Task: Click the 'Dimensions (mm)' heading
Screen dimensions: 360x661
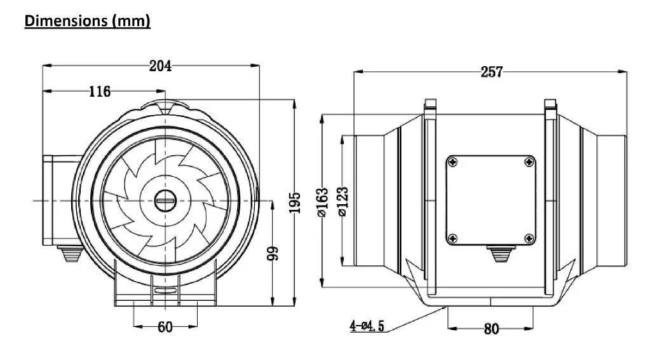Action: [x=87, y=21]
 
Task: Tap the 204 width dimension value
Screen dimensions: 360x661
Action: [x=160, y=66]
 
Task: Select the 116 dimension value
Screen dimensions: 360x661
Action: [x=99, y=92]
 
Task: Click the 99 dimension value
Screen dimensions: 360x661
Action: [x=273, y=254]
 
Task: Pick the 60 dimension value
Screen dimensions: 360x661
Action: [x=165, y=327]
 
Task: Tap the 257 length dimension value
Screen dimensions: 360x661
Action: [x=491, y=72]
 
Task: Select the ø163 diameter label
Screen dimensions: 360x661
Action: [x=322, y=202]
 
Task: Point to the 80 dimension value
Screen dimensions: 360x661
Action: [x=491, y=329]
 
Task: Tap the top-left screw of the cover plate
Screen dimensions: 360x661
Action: [x=452, y=163]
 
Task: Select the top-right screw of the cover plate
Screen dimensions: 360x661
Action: [x=529, y=163]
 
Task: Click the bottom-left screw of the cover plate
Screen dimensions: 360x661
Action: [x=452, y=239]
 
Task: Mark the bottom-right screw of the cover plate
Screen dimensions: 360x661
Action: [x=529, y=239]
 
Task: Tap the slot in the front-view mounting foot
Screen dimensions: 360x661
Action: [x=166, y=293]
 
